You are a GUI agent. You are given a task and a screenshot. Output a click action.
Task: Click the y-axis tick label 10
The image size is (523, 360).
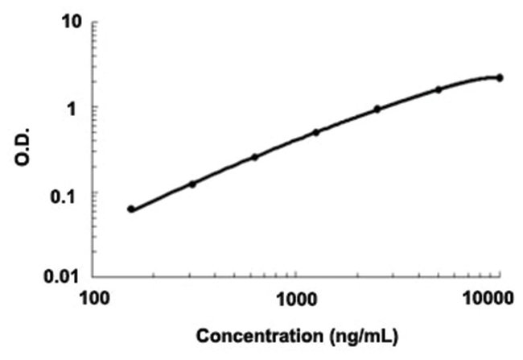[74, 22]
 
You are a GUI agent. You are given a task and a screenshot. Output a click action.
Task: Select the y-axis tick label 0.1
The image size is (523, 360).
[72, 193]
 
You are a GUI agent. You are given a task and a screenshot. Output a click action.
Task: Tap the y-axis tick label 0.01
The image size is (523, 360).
[67, 279]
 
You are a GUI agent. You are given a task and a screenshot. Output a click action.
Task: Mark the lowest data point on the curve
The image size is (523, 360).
[131, 209]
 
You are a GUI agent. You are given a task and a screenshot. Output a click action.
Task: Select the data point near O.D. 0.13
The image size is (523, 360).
[192, 184]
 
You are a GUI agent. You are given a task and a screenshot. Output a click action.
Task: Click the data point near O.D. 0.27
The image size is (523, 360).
[254, 157]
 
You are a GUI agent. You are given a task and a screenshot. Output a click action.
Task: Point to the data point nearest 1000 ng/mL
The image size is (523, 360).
[316, 132]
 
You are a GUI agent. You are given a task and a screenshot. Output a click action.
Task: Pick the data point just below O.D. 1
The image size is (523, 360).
[377, 109]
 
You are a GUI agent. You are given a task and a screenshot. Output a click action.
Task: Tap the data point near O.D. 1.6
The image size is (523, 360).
[439, 89]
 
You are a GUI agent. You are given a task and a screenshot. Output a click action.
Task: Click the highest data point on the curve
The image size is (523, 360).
[500, 77]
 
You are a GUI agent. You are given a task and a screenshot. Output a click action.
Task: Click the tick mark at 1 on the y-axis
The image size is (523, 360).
[96, 107]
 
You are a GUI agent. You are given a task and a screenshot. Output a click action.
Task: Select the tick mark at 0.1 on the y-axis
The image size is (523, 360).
[96, 193]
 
